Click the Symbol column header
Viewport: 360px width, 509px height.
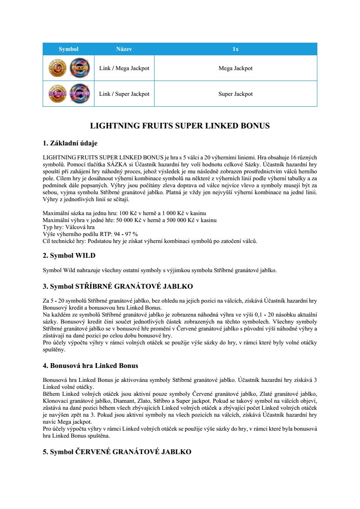[68, 49]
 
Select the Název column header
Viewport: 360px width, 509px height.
[124, 49]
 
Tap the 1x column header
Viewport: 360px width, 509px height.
[235, 49]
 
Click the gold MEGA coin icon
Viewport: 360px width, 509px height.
[57, 68]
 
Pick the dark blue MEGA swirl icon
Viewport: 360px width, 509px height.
[79, 68]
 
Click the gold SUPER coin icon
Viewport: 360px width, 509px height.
[57, 94]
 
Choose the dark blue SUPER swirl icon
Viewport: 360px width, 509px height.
[79, 94]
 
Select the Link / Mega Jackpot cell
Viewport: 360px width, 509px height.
[124, 68]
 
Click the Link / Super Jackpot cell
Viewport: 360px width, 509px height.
[124, 94]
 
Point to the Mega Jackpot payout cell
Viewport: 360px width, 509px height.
[235, 68]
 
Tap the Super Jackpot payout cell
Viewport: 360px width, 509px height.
[235, 94]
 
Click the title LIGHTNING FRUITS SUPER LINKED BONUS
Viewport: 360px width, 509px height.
[180, 126]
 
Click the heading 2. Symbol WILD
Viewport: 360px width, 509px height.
[69, 256]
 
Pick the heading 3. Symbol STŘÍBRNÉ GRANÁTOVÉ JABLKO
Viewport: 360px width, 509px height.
[118, 287]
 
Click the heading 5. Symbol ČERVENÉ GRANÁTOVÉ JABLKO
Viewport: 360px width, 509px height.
[117, 452]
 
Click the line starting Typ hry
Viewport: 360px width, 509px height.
[68, 227]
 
